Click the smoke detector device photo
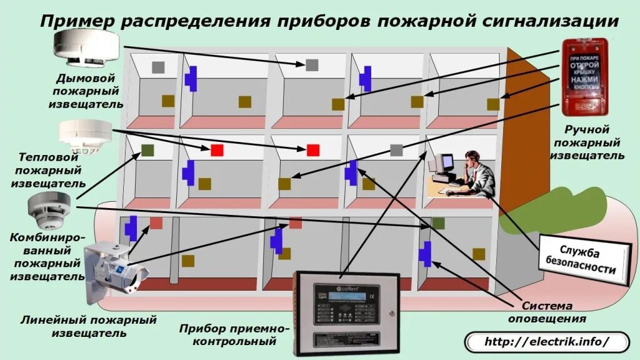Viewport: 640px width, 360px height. point(86,48)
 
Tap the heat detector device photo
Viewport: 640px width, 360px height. point(86,136)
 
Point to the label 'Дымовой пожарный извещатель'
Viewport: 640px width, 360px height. point(86,91)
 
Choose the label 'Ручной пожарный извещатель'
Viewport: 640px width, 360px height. point(586,142)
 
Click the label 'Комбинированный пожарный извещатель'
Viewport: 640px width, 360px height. point(47,256)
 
